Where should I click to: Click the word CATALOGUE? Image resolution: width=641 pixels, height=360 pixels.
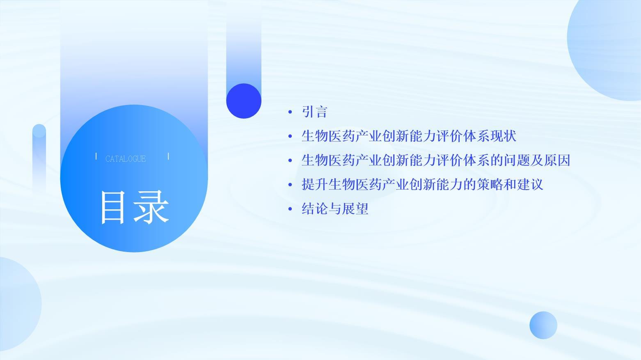click(126, 159)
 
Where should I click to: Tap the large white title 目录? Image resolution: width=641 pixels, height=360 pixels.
click(134, 207)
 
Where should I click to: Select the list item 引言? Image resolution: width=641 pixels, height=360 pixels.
click(314, 112)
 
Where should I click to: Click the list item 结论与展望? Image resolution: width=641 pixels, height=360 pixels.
click(335, 209)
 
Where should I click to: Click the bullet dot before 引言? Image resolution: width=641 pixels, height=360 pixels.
click(290, 112)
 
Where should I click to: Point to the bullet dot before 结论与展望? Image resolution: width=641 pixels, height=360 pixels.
click(290, 209)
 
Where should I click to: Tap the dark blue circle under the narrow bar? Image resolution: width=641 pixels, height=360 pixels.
click(244, 101)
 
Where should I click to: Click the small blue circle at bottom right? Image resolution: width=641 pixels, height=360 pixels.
click(543, 326)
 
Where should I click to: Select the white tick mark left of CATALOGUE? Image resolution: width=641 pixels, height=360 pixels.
click(96, 156)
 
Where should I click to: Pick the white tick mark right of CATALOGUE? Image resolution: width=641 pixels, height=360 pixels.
click(168, 156)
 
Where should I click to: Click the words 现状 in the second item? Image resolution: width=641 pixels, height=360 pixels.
click(504, 136)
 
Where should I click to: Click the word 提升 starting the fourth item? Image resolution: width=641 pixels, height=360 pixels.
click(315, 184)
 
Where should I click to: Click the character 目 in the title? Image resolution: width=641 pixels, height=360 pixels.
click(113, 207)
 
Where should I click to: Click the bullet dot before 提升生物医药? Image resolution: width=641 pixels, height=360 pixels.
click(290, 185)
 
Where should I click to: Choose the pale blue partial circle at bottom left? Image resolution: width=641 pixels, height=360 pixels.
click(18, 304)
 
